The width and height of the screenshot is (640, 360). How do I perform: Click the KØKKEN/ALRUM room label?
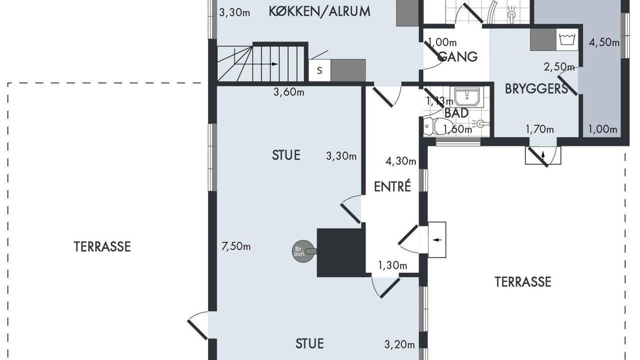pyautogui.click(x=319, y=11)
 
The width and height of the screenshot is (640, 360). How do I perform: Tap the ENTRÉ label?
pyautogui.click(x=392, y=186)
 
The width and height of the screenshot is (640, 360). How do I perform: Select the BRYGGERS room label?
pyautogui.click(x=536, y=89)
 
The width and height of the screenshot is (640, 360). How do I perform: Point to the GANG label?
pyautogui.click(x=459, y=56)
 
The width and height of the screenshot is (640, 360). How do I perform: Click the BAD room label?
pyautogui.click(x=456, y=113)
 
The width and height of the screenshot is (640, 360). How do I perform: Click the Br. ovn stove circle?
pyautogui.click(x=303, y=251)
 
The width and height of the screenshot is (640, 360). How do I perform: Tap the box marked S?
pyautogui.click(x=319, y=70)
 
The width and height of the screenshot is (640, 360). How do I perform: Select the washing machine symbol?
pyautogui.click(x=567, y=39)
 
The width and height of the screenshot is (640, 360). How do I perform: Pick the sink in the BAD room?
pyautogui.click(x=467, y=97)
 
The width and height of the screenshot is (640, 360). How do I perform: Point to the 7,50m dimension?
pyautogui.click(x=236, y=246)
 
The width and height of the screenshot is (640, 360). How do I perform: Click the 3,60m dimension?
pyautogui.click(x=288, y=92)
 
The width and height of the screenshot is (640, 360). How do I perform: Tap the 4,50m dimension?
pyautogui.click(x=604, y=42)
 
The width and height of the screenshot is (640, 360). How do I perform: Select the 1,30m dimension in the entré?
pyautogui.click(x=392, y=265)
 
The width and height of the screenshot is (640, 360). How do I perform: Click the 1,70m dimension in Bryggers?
pyautogui.click(x=539, y=129)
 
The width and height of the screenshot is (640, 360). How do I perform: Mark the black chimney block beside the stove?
pyautogui.click(x=341, y=252)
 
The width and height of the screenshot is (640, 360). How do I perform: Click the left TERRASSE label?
pyautogui.click(x=102, y=246)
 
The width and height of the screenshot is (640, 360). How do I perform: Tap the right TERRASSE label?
pyautogui.click(x=523, y=282)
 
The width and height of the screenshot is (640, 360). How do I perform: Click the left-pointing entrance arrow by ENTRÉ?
pyautogui.click(x=437, y=240)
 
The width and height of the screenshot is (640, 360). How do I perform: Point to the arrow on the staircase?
pyautogui.click(x=256, y=64)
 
